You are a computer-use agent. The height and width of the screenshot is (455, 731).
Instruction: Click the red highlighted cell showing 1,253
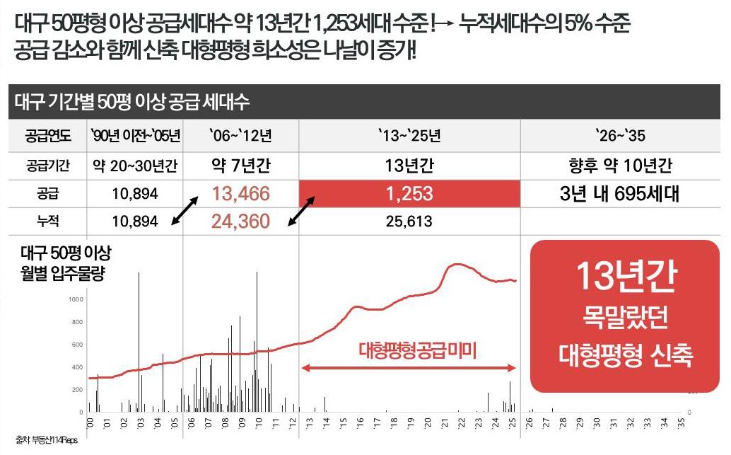409,194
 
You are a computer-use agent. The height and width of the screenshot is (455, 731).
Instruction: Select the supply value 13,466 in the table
240,194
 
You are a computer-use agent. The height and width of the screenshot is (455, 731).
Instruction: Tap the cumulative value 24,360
240,221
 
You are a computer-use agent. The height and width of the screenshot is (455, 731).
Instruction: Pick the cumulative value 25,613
409,221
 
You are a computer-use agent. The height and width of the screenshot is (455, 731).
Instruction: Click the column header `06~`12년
240,134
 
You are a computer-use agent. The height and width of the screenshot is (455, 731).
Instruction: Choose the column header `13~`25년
409,134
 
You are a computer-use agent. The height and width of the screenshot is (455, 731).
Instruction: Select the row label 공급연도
42,134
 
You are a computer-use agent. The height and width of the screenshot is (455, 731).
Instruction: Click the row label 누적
42,221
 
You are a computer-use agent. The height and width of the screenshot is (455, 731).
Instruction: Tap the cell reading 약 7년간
240,166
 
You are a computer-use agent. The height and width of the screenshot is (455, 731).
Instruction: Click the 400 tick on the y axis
76,367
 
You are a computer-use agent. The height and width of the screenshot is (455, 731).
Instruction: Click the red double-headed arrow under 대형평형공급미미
409,367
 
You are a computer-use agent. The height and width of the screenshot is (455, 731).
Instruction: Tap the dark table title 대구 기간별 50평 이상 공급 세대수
134,102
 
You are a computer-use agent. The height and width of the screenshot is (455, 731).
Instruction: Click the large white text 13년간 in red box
625,277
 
